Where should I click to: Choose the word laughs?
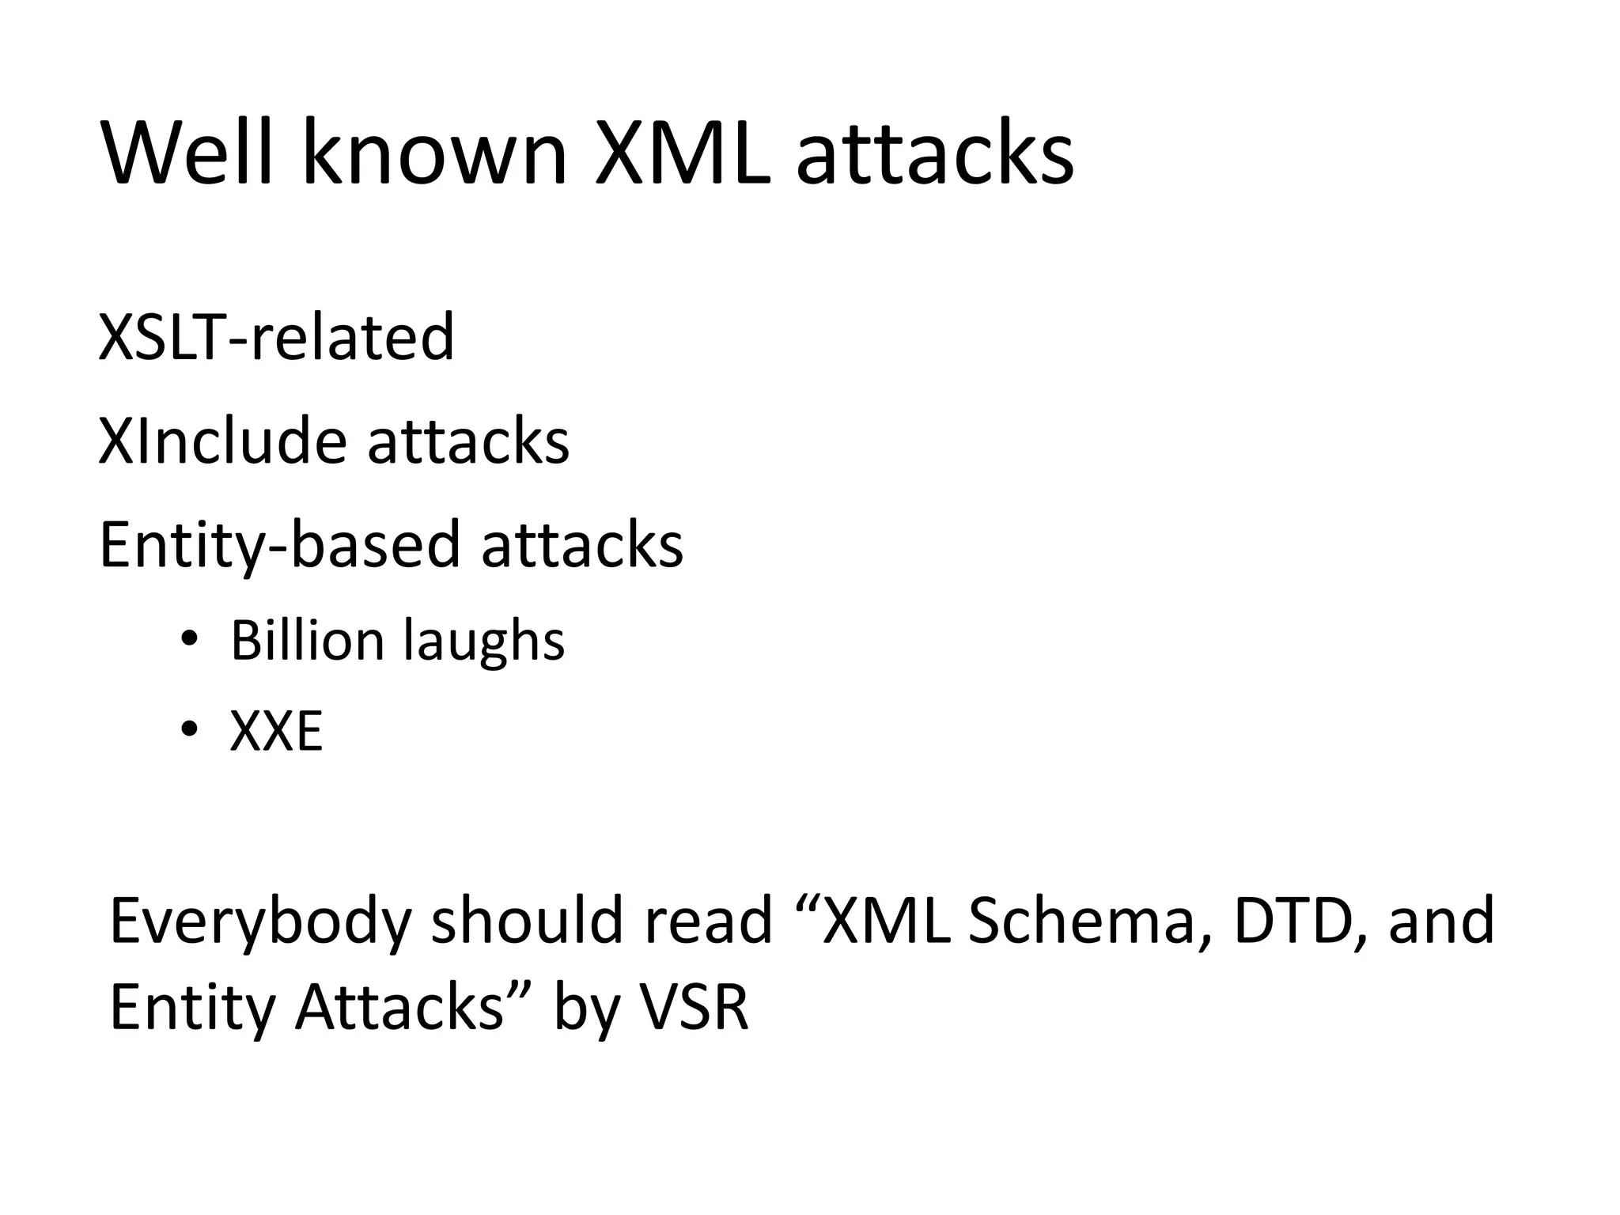[x=484, y=641]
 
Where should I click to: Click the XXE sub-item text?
[x=276, y=732]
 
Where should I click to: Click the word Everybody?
[x=260, y=922]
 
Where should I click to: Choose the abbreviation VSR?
[x=693, y=1008]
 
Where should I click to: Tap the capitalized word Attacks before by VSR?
[x=399, y=1008]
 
